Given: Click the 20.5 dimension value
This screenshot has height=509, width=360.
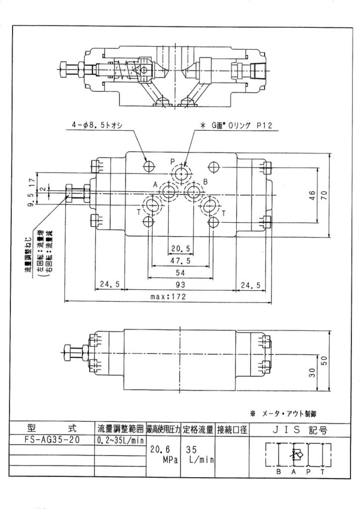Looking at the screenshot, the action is (x=180, y=249).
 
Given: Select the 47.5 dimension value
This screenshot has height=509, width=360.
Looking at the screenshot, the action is (x=180, y=260).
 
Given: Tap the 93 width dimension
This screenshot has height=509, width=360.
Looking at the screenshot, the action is (x=180, y=284).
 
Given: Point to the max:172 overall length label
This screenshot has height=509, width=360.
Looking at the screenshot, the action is (x=168, y=296).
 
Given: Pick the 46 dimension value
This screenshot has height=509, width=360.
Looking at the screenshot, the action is (x=312, y=195).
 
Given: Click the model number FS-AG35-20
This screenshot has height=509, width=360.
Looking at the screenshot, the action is (x=52, y=439).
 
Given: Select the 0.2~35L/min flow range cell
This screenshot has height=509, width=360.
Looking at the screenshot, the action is (x=120, y=440).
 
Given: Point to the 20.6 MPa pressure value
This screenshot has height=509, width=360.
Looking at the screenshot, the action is (x=164, y=454).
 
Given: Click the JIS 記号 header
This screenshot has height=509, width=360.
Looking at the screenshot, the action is (x=300, y=430).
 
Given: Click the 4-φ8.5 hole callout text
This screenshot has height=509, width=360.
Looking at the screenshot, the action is (x=97, y=125).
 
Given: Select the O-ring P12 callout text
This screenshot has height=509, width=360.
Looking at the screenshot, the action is (x=237, y=125).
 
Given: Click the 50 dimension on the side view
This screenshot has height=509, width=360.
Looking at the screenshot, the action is (x=324, y=361).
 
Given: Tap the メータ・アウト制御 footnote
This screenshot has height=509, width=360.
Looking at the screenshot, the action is (x=283, y=414).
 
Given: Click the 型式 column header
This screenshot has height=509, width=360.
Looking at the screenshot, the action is (x=52, y=428).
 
